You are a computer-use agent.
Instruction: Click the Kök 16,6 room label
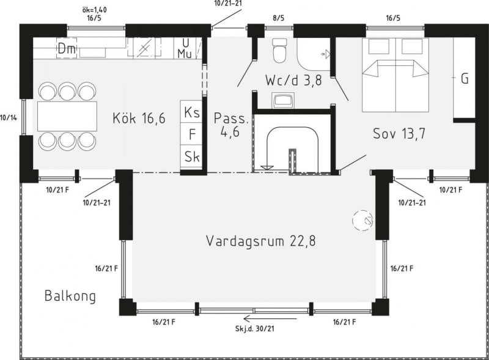coord(139,118)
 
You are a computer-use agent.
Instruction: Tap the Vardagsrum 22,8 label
coord(261,241)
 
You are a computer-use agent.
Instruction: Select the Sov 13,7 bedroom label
coord(399,133)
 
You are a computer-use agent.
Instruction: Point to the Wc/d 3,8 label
coord(293,80)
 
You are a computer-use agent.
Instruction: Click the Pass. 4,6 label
coord(231,125)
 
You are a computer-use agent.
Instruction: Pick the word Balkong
coord(70,296)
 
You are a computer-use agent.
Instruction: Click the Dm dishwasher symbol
coord(67,48)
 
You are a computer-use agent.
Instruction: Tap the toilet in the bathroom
coord(279,50)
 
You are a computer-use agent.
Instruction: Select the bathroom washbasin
coord(282,100)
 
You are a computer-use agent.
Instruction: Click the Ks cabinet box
coord(191,111)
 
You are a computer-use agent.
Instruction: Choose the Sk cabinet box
coord(191,156)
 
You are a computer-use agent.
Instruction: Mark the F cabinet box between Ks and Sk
coord(191,134)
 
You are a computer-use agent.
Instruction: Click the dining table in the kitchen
coord(67,116)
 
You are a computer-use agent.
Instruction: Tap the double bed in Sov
coord(395,75)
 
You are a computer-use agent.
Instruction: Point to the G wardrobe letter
coord(465,79)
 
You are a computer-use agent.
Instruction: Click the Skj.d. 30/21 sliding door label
coord(255,328)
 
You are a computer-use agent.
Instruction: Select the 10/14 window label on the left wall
coord(9,117)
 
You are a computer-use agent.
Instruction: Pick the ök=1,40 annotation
coord(94,10)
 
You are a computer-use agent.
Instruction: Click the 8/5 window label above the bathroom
coord(279,18)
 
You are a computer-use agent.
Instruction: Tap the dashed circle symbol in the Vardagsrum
coord(363,220)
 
